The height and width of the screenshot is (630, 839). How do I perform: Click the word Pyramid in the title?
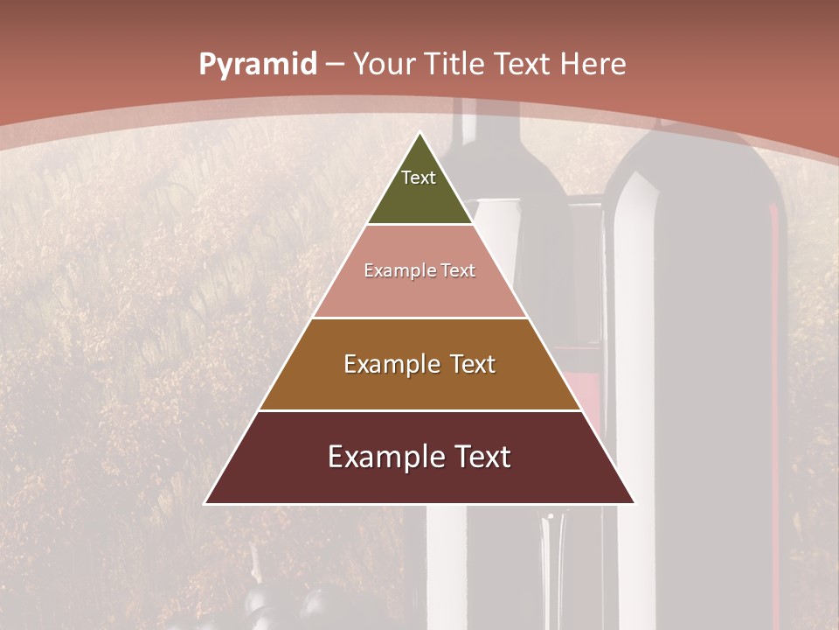(x=257, y=65)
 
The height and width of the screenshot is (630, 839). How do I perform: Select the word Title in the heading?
(x=454, y=64)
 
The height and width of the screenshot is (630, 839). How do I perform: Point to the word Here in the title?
(x=593, y=64)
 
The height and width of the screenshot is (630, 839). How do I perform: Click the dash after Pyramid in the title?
(x=334, y=65)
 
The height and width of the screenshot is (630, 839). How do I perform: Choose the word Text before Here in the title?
(x=524, y=64)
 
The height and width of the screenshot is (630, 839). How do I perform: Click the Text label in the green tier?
(x=419, y=178)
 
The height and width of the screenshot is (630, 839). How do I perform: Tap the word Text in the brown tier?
(x=473, y=364)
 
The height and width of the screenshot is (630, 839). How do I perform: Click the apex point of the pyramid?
(x=420, y=134)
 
